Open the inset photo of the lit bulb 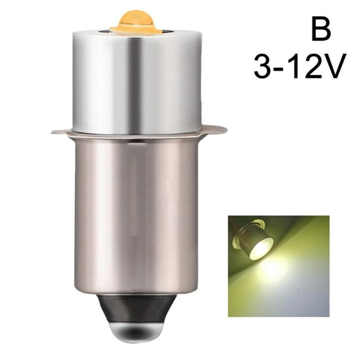click(x=278, y=266)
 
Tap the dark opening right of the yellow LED click(x=169, y=29)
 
